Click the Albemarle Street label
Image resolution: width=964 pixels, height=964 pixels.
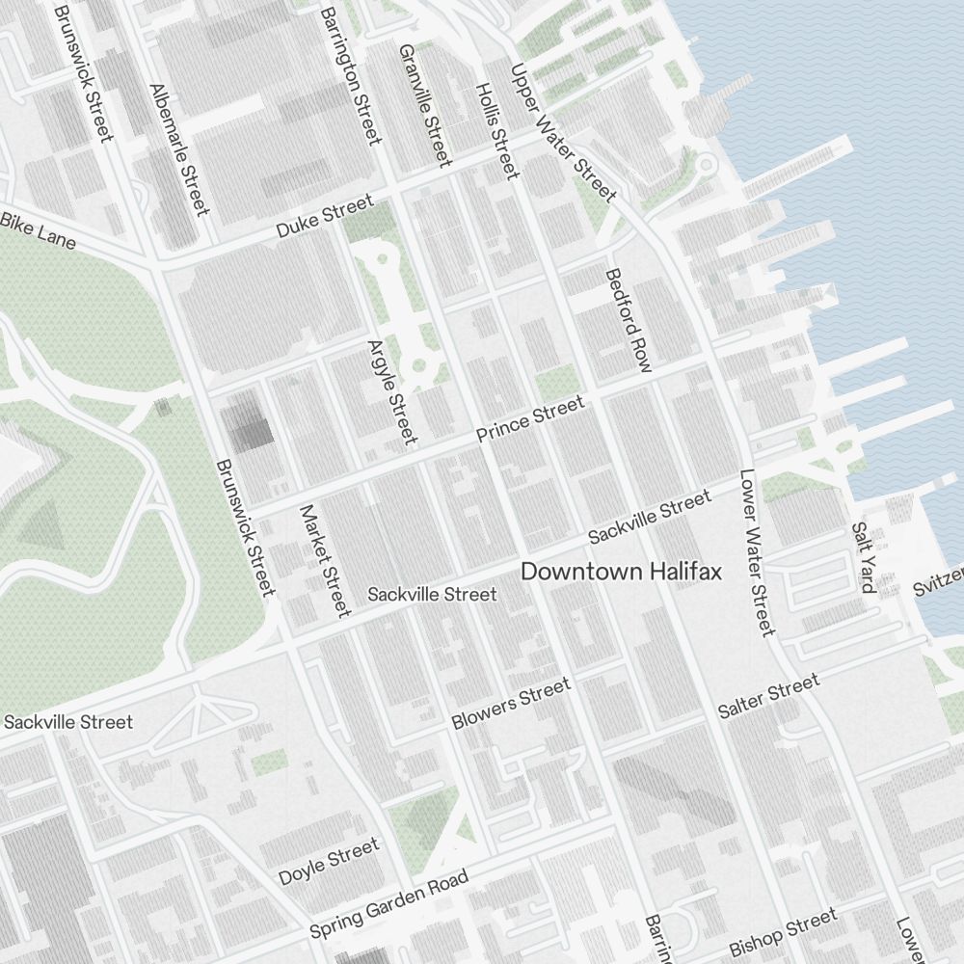point(179,149)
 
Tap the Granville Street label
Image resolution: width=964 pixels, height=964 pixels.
point(425,104)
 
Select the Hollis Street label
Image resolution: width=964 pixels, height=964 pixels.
point(497,130)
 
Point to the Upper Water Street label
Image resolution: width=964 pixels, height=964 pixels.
point(563,133)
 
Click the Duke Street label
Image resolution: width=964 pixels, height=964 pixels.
point(324,217)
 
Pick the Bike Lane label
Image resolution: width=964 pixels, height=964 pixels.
point(38,230)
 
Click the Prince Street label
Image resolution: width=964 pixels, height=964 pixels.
point(531,420)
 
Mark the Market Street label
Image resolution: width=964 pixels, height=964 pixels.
point(324,560)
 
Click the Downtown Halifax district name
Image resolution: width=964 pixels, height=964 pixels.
point(621,572)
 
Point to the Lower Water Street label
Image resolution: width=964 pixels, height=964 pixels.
point(757,552)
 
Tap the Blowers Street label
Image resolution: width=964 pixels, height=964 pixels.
point(511,704)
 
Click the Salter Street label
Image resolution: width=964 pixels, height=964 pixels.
point(768,696)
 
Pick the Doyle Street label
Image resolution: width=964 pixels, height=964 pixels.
point(329,862)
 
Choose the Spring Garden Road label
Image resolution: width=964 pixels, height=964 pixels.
point(388,904)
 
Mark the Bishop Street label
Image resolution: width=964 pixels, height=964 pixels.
point(783,931)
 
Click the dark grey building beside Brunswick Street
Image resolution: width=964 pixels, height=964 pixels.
point(249,424)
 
